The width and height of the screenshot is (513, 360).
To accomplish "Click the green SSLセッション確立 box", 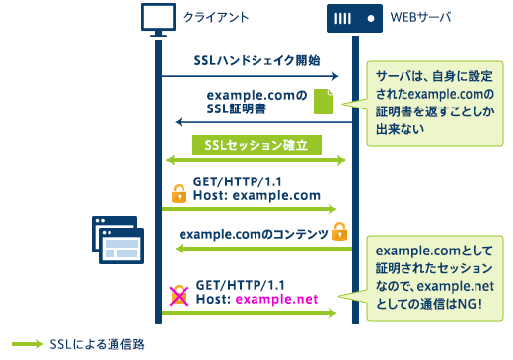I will tap(256, 144).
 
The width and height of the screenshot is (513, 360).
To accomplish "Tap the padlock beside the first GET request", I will tap(179, 192).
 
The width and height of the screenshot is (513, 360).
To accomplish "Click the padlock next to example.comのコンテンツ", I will tap(340, 232).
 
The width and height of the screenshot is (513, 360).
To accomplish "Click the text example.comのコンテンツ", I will tap(254, 233).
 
